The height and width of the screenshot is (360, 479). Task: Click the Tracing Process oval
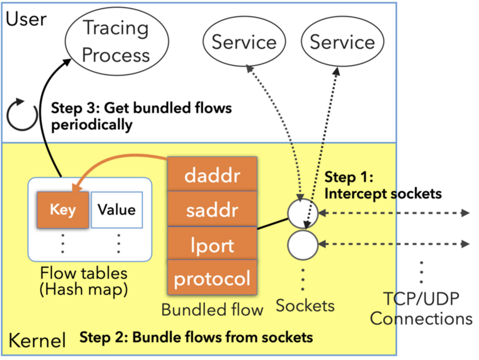117,41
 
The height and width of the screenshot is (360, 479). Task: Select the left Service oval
244,42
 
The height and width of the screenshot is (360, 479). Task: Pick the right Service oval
342,42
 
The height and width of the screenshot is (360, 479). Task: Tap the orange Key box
63,210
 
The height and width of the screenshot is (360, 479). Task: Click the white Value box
117,210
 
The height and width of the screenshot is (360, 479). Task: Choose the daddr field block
212,175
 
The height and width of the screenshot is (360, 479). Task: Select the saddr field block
212,209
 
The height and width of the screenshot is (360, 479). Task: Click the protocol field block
212,278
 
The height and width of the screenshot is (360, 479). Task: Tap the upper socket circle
303,213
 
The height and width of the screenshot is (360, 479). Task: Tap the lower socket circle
303,245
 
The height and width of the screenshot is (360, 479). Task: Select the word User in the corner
26,19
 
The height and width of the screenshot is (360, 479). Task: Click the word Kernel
37,340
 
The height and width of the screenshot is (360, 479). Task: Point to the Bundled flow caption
212,310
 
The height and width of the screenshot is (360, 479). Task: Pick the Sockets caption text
305,306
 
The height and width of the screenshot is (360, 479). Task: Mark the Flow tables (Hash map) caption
84,281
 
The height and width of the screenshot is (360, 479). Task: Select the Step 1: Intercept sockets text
382,185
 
